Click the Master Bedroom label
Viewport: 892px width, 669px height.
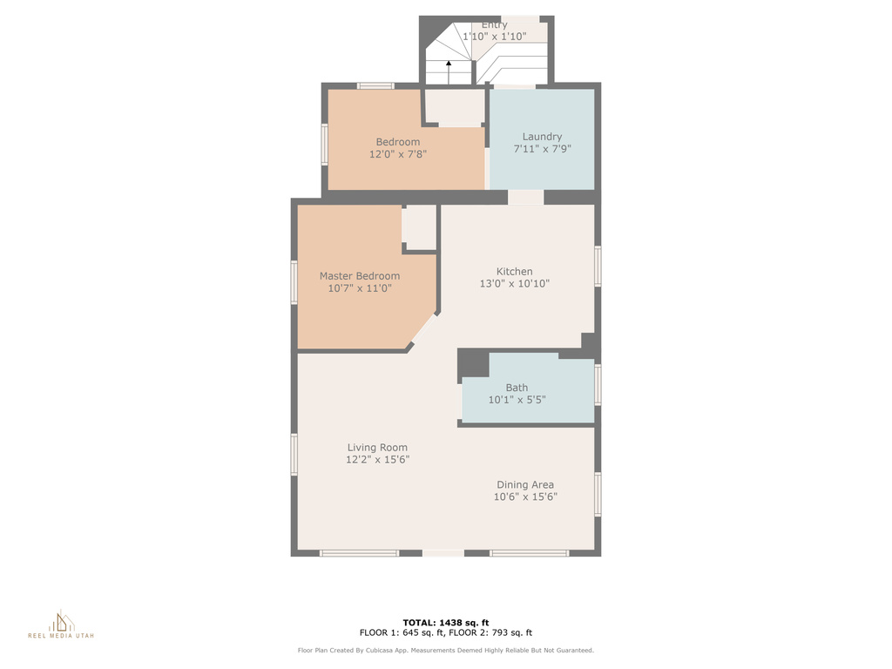(360, 276)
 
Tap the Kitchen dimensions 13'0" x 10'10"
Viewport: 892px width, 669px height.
(514, 283)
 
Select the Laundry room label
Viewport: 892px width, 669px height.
(542, 137)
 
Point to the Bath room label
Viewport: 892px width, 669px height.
(517, 388)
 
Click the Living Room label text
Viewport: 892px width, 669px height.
(377, 447)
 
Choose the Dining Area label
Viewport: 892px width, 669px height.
(525, 484)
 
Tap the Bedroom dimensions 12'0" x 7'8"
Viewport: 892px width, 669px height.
(397, 154)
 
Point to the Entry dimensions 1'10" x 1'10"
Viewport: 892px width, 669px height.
(495, 37)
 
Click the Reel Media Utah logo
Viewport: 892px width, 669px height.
(61, 625)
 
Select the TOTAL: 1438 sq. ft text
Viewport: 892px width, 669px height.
(446, 622)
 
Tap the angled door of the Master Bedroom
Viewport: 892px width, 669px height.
(424, 328)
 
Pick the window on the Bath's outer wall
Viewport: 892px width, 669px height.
(598, 384)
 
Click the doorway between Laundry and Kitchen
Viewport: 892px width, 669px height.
(525, 198)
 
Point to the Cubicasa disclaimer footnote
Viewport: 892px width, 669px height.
(445, 650)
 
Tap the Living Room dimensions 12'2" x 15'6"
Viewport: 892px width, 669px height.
(377, 460)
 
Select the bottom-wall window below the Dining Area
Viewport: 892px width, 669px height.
(529, 553)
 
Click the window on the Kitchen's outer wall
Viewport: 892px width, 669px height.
(598, 266)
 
